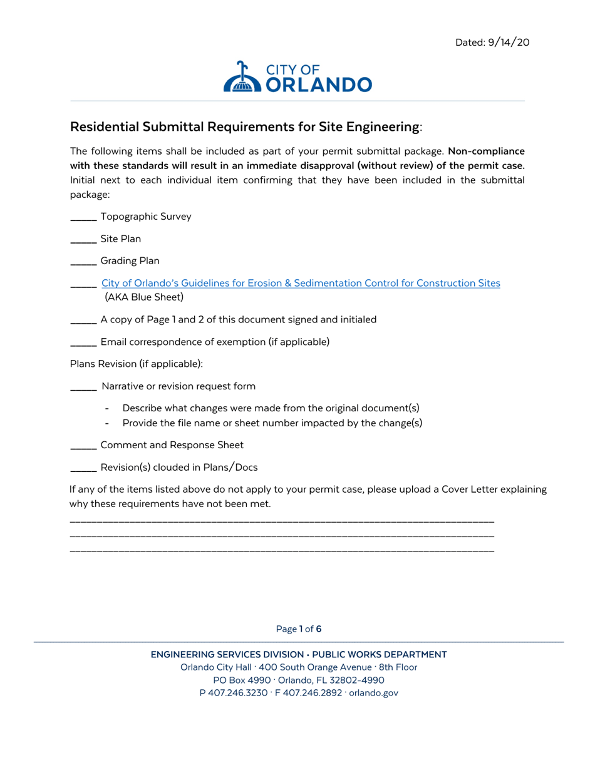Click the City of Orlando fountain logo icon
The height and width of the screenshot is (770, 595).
coord(241,78)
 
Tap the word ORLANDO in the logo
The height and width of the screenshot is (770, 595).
coord(319,85)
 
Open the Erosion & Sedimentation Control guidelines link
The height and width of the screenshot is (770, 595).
coord(301,283)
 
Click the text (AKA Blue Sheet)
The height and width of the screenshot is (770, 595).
coord(143,297)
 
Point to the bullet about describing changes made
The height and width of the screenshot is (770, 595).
coord(271,408)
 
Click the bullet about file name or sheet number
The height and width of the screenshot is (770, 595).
coord(272,423)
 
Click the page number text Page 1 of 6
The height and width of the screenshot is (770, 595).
coord(298,629)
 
